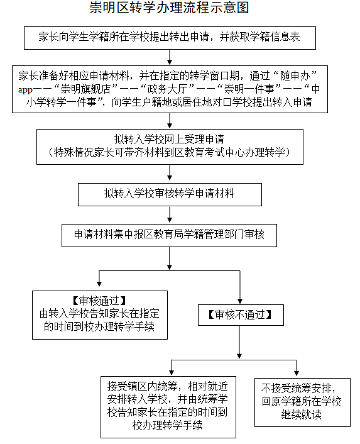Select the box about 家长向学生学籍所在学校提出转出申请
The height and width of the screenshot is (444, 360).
[169, 37]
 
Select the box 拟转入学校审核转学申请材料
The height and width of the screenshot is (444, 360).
[169, 194]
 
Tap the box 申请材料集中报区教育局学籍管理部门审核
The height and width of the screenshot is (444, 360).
[169, 234]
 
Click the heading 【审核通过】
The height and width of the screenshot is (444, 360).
[99, 300]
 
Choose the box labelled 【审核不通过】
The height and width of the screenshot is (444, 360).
[239, 313]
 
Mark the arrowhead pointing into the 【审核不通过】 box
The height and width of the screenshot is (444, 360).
[239, 301]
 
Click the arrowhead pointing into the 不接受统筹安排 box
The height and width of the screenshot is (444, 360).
[297, 373]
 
